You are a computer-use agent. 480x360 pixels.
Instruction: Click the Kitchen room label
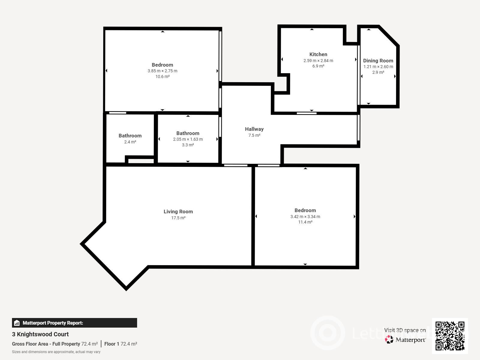[318, 54]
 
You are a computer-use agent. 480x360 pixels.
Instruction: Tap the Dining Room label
[378, 61]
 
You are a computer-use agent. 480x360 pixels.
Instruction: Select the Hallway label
[254, 129]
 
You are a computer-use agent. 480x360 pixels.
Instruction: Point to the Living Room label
[178, 211]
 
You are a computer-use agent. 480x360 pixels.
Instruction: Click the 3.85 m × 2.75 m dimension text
[163, 71]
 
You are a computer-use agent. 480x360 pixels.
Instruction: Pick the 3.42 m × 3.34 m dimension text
[305, 217]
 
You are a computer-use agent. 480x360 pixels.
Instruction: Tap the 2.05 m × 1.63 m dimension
[188, 139]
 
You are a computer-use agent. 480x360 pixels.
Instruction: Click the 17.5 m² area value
[178, 218]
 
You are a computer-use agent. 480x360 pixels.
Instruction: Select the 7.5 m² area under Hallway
[254, 135]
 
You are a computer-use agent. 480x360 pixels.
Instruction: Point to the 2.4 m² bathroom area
[130, 142]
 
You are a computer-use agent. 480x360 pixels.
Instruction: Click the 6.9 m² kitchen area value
[318, 66]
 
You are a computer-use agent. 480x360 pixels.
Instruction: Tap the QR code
[450, 336]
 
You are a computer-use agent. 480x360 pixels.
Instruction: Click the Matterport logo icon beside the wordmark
[389, 340]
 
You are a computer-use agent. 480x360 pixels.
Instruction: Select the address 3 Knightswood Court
[40, 334]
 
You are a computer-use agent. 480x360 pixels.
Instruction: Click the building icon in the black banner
[17, 323]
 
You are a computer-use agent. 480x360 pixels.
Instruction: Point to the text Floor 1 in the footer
[112, 344]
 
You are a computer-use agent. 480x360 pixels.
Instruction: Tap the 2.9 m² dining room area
[378, 72]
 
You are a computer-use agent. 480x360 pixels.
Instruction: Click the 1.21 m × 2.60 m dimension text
[378, 67]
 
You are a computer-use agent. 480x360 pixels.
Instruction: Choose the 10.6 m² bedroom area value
[163, 76]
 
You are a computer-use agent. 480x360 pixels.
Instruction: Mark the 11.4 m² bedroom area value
[305, 222]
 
